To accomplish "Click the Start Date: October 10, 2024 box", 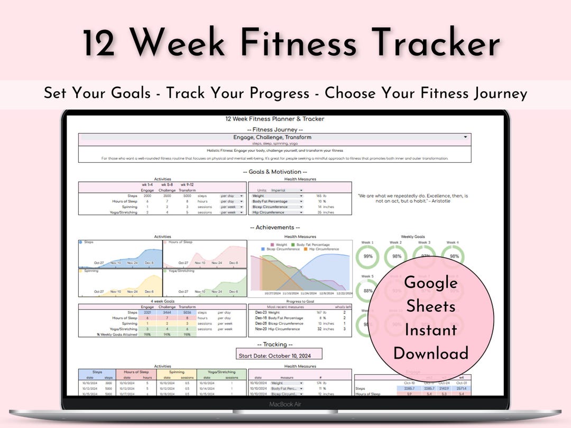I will click(279, 355).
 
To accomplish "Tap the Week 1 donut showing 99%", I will click(368, 256).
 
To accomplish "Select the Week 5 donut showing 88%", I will click(368, 289).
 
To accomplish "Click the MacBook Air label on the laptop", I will click(285, 404).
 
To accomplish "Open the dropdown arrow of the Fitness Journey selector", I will click(465, 137).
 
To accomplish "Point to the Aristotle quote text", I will click(412, 199).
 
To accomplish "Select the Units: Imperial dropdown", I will click(285, 190).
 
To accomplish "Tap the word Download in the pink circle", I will click(431, 353).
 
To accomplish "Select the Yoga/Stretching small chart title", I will click(182, 271).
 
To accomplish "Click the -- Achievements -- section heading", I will click(275, 227).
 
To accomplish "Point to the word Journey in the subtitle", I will click(497, 94).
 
